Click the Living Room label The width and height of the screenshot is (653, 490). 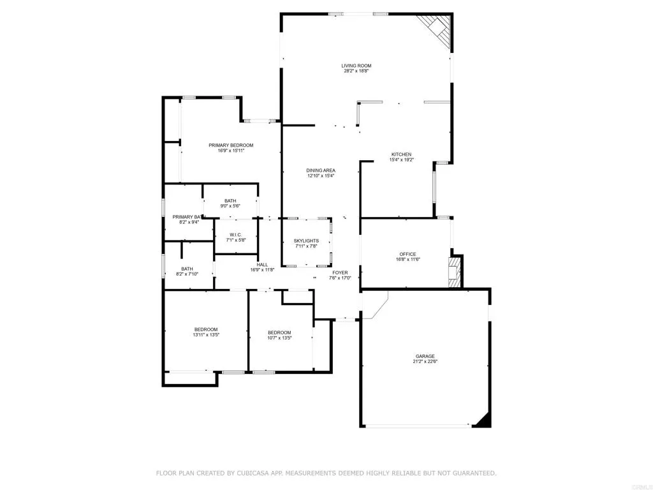[x=356, y=66]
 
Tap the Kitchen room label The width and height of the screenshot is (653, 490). [x=401, y=154]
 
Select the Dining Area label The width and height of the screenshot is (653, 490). [x=321, y=170]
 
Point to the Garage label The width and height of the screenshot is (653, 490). [x=425, y=356]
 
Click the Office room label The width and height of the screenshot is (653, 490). [x=407, y=255]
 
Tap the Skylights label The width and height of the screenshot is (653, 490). [x=306, y=241]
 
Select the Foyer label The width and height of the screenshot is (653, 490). [x=340, y=272]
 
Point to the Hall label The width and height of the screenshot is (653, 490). [x=262, y=264]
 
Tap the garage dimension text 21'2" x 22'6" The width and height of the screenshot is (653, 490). [x=425, y=362]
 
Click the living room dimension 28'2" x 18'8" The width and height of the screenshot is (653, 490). [x=356, y=71]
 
